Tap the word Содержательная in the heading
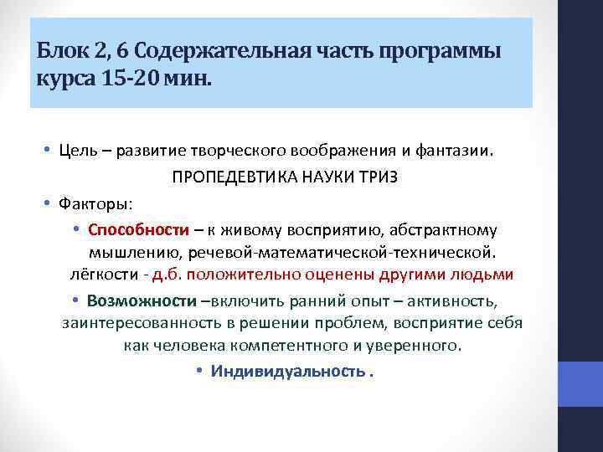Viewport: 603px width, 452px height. click(x=210, y=53)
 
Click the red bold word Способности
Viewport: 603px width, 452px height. click(x=138, y=229)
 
